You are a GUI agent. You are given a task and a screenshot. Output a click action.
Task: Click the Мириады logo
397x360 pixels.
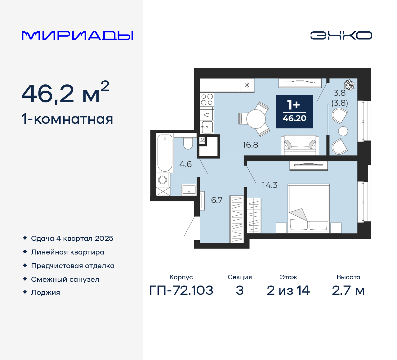pyautogui.click(x=77, y=36)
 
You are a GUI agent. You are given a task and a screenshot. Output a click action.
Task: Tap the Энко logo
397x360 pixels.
pyautogui.click(x=341, y=35)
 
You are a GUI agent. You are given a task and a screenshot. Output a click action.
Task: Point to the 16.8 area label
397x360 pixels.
pyautogui.click(x=250, y=145)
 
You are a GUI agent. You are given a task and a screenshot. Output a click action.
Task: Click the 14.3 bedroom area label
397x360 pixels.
pyautogui.click(x=270, y=185)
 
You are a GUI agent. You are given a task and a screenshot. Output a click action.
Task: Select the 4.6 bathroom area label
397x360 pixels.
pyautogui.click(x=185, y=164)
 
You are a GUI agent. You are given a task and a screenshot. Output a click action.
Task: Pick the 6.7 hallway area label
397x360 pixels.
pyautogui.click(x=217, y=200)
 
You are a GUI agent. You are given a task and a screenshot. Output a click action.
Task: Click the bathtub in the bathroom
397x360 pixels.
pyautogui.click(x=165, y=153)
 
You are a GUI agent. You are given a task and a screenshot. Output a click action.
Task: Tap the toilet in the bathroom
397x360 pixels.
pyautogui.click(x=188, y=143)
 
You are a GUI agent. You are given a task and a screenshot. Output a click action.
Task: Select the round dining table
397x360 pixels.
pyautogui.click(x=256, y=119)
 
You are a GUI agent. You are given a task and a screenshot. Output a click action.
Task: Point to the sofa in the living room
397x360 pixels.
pyautogui.click(x=300, y=145)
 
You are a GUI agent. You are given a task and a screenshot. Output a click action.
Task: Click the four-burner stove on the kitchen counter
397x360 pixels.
pyautogui.click(x=207, y=100)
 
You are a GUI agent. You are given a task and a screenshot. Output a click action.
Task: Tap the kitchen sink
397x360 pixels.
pyautogui.click(x=207, y=127)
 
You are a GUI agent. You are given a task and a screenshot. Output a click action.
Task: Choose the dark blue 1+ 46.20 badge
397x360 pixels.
pyautogui.click(x=294, y=111)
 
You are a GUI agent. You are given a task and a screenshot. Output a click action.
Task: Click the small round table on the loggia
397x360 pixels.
pyautogui.click(x=343, y=131)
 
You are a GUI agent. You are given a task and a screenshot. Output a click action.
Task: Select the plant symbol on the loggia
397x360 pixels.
pyautogui.click(x=350, y=85)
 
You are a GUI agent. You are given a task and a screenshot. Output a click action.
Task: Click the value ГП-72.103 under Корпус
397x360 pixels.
pyautogui.click(x=181, y=290)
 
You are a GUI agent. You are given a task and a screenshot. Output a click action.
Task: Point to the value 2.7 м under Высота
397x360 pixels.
pyautogui.click(x=348, y=290)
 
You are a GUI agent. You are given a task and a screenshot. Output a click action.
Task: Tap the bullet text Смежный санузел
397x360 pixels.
pyautogui.click(x=65, y=279)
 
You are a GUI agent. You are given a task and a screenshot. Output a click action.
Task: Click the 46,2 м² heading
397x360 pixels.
pyautogui.click(x=65, y=93)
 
